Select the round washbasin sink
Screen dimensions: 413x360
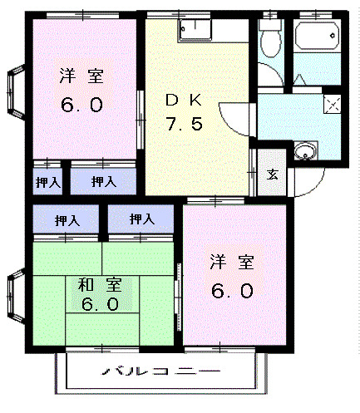point(306,153)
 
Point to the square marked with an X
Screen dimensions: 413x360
point(333,104)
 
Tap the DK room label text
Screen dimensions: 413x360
point(185,101)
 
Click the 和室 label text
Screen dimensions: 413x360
point(100,285)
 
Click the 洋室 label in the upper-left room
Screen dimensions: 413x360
point(81,76)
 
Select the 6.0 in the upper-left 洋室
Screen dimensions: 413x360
point(81,106)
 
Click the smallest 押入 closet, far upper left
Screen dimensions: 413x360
point(47,180)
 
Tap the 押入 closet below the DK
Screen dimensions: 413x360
point(141,220)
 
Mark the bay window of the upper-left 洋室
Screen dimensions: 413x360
point(15,93)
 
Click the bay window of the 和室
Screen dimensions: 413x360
point(15,297)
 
